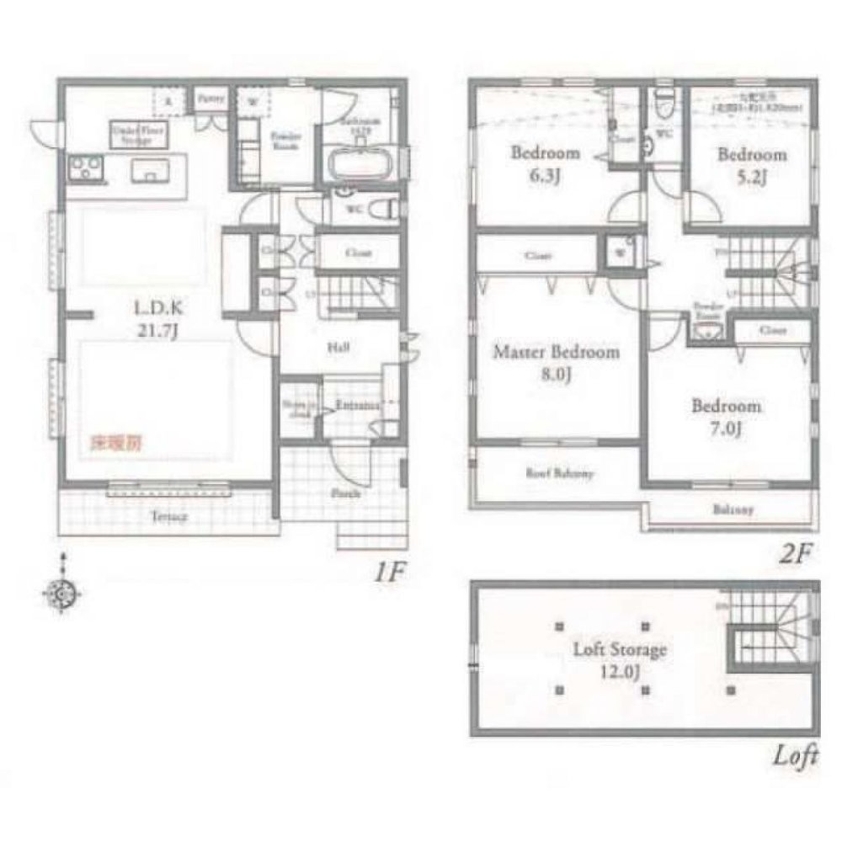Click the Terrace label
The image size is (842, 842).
(168, 516)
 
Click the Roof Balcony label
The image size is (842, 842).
(561, 473)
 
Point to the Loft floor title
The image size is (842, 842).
(796, 756)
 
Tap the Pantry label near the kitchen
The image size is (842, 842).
(210, 98)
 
